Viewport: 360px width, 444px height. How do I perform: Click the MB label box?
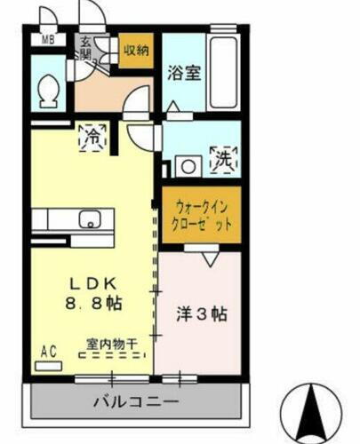click(x=48, y=40)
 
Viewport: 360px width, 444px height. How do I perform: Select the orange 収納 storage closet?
click(x=135, y=51)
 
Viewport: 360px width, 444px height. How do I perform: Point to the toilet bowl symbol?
click(x=50, y=88)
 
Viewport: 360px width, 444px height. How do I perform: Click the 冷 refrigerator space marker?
click(x=92, y=137)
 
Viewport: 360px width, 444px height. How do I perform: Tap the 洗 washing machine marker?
click(x=221, y=161)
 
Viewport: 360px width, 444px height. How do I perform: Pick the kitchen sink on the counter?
click(x=91, y=219)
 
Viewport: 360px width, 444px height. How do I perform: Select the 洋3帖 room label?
click(x=201, y=313)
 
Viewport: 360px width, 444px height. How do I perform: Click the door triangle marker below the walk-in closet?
click(x=208, y=258)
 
